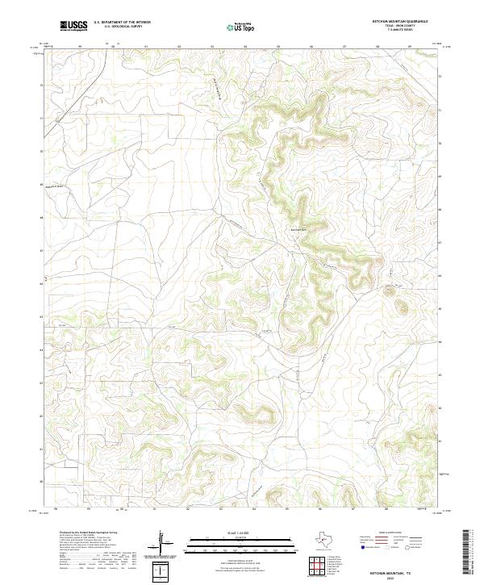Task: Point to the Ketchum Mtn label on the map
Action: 299,227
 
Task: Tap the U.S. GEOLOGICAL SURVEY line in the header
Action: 122,27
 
